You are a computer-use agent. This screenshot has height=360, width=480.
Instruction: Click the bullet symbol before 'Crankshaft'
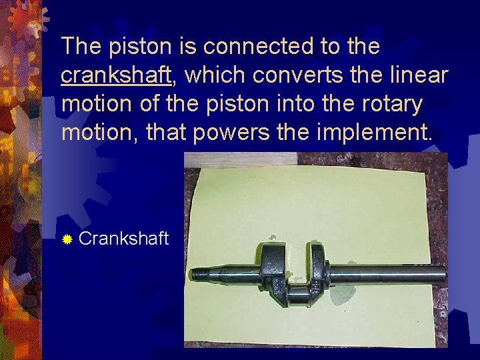67,239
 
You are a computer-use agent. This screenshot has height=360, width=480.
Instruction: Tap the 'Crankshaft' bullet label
123,239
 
